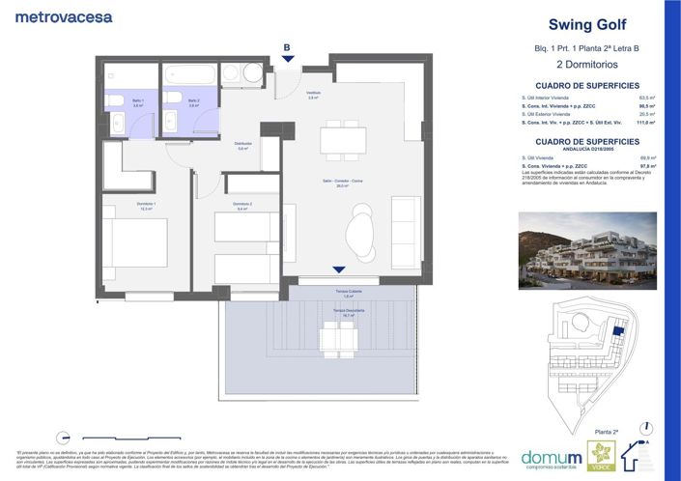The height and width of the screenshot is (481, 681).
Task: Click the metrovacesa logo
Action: tap(64, 16)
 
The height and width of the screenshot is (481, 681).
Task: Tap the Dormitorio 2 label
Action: tap(242, 204)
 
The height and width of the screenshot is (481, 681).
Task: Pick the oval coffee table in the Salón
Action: tap(358, 231)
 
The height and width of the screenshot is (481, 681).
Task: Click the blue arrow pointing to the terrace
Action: tap(337, 269)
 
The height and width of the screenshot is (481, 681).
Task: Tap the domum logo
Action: tap(552, 457)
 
